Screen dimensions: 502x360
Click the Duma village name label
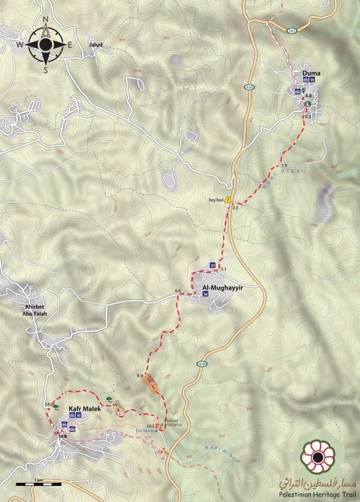point(311,73)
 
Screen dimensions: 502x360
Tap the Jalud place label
point(96,45)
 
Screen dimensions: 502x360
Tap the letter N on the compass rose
point(46,19)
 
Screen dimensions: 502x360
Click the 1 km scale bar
point(37,482)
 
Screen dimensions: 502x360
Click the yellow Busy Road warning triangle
point(228,200)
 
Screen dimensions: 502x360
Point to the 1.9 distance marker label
point(284,165)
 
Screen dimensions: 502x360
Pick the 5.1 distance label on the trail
point(224,269)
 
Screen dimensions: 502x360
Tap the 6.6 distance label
point(178,291)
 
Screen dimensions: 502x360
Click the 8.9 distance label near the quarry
point(140,375)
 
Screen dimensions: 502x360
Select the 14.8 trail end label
point(61,436)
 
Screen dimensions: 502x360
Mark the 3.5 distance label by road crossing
point(235,208)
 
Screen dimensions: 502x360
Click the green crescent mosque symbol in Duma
point(308,104)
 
